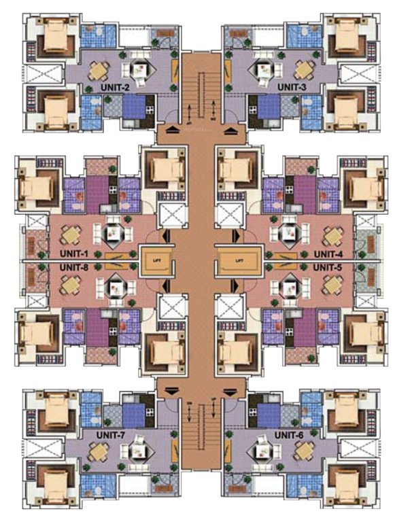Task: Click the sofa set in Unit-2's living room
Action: [x=143, y=68]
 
